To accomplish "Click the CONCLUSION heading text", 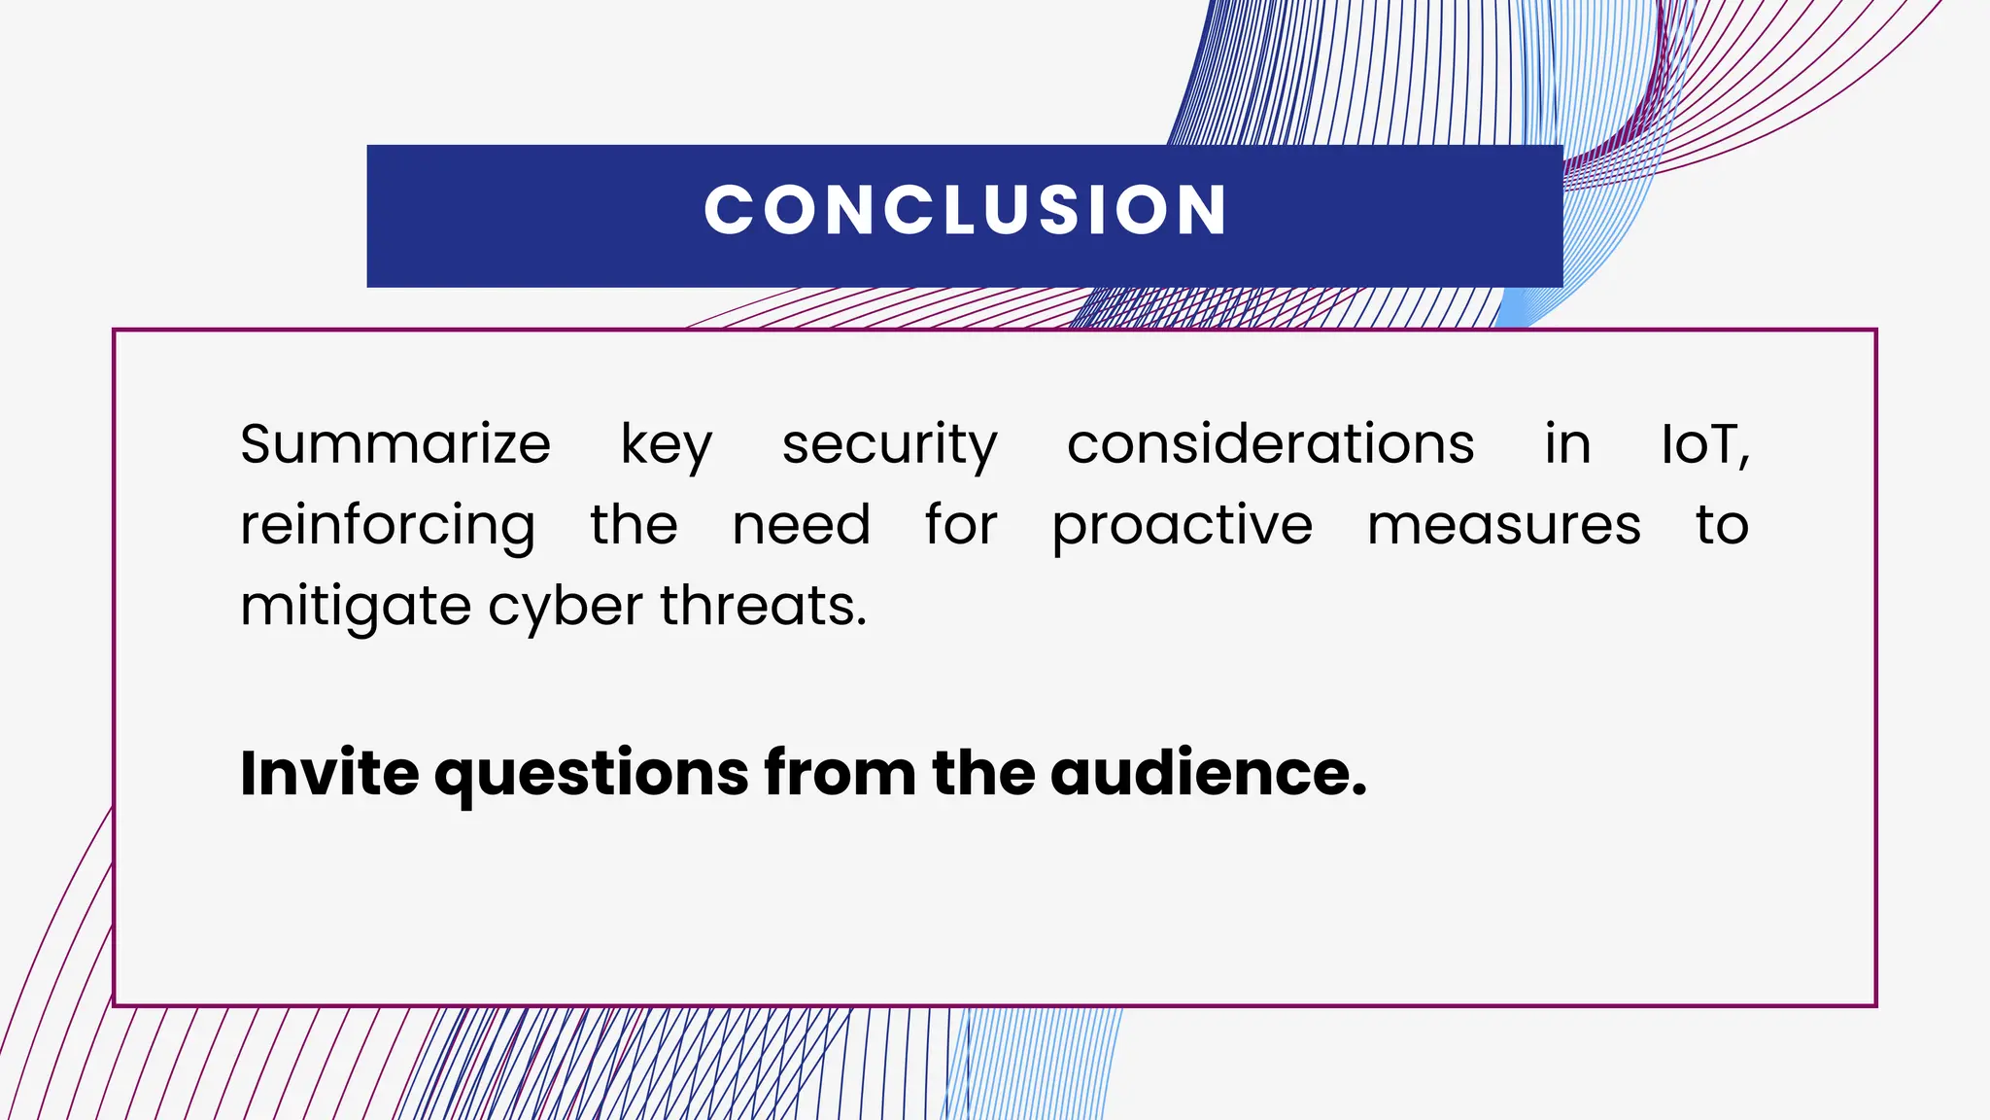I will tap(966, 210).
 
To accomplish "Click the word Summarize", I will tap(395, 444).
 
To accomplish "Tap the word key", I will tap(667, 445).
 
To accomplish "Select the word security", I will tap(889, 445).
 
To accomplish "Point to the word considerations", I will tap(1270, 444).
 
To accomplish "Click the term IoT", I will tap(1704, 444).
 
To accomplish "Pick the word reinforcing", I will tap(388, 526).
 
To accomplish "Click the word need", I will tap(801, 525).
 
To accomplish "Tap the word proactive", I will tap(1182, 526).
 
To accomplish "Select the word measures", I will tap(1503, 525).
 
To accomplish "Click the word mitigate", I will tap(356, 607).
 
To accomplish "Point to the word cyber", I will tap(565, 607).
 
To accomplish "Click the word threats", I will tap(763, 606).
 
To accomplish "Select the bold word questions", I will tap(592, 775).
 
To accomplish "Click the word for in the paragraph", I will tap(961, 525).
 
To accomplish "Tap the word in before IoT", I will tap(1567, 444).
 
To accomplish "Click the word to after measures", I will tap(1722, 525).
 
